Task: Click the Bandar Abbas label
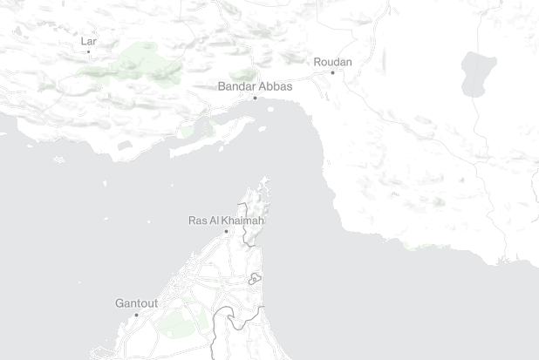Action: (255, 86)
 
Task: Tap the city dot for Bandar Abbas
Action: (255, 98)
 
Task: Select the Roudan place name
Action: (331, 62)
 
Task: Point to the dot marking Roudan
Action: (332, 72)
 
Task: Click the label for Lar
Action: (88, 41)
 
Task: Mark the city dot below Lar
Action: (88, 51)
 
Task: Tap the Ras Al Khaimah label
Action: (226, 221)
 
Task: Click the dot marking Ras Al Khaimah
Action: (226, 232)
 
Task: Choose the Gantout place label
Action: (136, 303)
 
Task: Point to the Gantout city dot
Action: (136, 315)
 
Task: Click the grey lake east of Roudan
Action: (479, 73)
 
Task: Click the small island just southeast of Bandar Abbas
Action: (262, 129)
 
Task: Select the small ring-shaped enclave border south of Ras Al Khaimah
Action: (255, 279)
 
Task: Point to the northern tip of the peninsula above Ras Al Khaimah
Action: (265, 180)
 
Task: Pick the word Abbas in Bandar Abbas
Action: (275, 86)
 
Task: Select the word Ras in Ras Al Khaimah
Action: (198, 221)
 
